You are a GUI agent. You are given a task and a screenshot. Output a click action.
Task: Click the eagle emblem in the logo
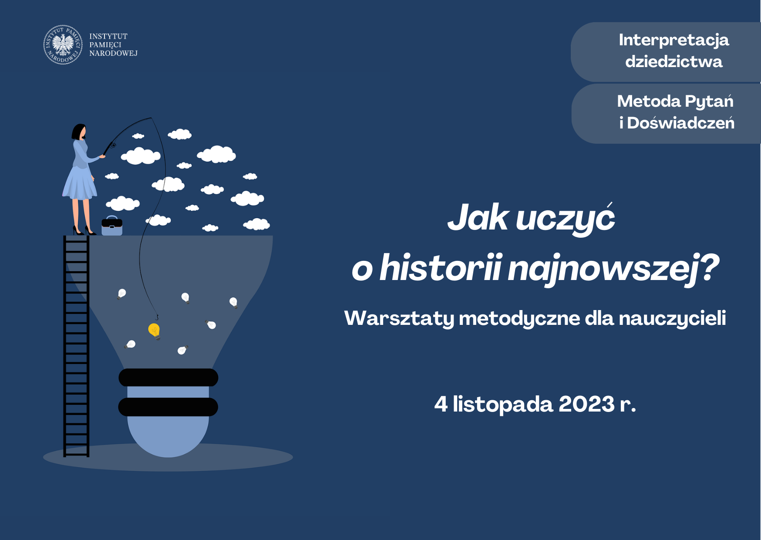(x=63, y=44)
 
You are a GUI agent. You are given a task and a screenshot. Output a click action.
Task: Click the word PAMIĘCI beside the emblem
(x=105, y=45)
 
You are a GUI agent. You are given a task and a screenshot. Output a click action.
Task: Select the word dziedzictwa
(x=673, y=61)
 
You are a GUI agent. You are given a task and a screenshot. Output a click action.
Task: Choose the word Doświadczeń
(x=681, y=122)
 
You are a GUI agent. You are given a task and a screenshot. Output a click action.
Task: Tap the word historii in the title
(x=441, y=268)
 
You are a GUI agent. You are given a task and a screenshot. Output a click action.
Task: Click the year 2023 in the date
(x=586, y=404)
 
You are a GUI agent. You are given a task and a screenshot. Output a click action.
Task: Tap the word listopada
(x=503, y=405)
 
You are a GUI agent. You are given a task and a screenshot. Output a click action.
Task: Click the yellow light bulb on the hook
(x=155, y=331)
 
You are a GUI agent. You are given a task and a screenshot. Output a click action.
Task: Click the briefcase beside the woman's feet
(x=112, y=226)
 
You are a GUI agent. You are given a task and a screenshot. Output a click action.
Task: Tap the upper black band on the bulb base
(x=168, y=378)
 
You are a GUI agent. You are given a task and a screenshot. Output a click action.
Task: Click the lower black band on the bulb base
(x=168, y=407)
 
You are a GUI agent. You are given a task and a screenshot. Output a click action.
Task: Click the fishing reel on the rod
(x=113, y=145)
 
